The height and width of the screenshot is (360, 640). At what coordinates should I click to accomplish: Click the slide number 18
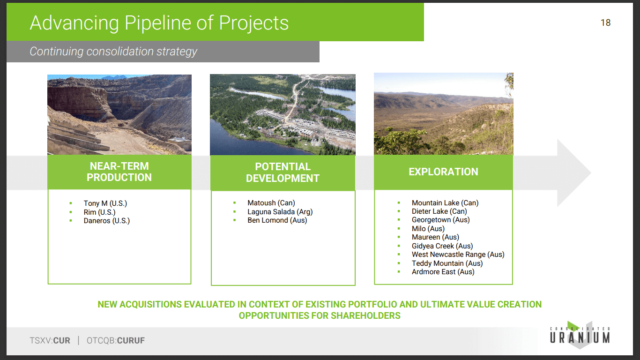click(x=605, y=22)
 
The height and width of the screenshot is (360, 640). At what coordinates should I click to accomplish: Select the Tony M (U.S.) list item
click(x=105, y=203)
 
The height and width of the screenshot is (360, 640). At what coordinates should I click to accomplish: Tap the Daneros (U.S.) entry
click(x=106, y=221)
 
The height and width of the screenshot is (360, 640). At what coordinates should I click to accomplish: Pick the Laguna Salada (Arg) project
click(x=280, y=212)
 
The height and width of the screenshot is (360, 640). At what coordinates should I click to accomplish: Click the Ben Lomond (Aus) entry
click(x=277, y=220)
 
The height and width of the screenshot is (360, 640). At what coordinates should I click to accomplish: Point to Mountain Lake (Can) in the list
click(x=445, y=202)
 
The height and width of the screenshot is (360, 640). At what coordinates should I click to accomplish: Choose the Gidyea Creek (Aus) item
click(x=442, y=246)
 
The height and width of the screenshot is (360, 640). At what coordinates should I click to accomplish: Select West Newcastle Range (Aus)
click(x=458, y=255)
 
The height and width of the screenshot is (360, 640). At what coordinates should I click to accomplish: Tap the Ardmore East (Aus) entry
click(x=443, y=272)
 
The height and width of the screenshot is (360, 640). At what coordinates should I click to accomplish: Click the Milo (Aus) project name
click(x=428, y=229)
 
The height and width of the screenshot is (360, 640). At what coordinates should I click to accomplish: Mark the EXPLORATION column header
click(x=443, y=172)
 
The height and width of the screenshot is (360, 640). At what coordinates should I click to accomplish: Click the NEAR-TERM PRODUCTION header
click(x=119, y=172)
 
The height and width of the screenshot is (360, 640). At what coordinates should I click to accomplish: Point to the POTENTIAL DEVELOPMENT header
click(x=283, y=172)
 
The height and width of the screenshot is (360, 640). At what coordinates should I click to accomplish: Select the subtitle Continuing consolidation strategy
click(x=113, y=52)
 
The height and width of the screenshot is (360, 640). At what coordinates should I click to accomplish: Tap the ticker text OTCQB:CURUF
click(x=116, y=341)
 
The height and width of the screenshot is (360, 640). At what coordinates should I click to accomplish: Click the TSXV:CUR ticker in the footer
click(x=50, y=341)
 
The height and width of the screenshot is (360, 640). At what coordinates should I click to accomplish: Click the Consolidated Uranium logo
click(x=580, y=335)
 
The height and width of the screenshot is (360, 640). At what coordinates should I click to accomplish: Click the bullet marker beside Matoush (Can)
click(x=235, y=202)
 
